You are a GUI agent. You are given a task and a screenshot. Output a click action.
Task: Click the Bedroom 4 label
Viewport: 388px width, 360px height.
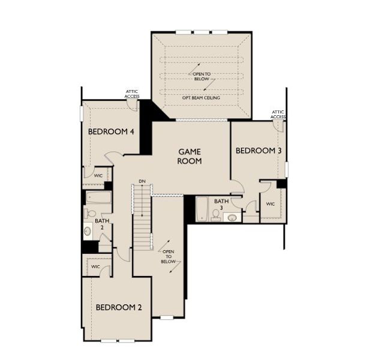pyautogui.click(x=111, y=131)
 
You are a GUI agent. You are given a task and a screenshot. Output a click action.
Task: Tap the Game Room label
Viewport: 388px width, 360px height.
pyautogui.click(x=190, y=156)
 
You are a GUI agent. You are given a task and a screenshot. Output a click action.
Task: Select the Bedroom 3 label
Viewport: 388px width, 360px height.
pyautogui.click(x=258, y=151)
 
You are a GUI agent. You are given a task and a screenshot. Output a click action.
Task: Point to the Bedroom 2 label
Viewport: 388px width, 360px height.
pyautogui.click(x=119, y=307)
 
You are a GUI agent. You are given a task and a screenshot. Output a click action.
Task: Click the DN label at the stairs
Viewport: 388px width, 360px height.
pyautogui.click(x=142, y=181)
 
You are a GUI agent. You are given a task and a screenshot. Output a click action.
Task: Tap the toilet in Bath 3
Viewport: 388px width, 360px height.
pyautogui.click(x=216, y=215)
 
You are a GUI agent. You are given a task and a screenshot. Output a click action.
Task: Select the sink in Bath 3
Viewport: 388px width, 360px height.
pyautogui.click(x=232, y=218)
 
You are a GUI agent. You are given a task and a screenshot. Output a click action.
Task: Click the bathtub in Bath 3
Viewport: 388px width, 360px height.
pyautogui.click(x=202, y=209)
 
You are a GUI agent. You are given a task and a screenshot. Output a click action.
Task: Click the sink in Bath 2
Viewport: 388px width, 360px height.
pyautogui.click(x=88, y=231)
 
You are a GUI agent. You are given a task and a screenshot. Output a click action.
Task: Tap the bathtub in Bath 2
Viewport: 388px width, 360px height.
pyautogui.click(x=98, y=197)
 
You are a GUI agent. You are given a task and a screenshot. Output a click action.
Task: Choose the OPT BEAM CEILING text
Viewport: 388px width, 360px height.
pyautogui.click(x=201, y=98)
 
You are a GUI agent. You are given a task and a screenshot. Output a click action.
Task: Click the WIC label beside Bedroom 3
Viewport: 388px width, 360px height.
pyautogui.click(x=270, y=204)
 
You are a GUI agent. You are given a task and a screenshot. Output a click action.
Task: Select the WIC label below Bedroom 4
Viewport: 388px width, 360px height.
pyautogui.click(x=98, y=176)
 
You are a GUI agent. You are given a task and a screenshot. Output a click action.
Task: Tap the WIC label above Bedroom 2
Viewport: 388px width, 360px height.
pyautogui.click(x=95, y=266)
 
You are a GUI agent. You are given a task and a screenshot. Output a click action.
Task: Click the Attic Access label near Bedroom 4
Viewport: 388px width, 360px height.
pyautogui.click(x=132, y=94)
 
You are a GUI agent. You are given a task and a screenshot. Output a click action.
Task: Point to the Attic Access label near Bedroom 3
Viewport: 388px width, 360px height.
pyautogui.click(x=278, y=115)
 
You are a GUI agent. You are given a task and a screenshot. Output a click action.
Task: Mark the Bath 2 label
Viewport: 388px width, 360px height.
pyautogui.click(x=102, y=224)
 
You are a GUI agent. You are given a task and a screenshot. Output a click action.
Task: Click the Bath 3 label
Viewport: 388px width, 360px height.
pyautogui.click(x=221, y=204)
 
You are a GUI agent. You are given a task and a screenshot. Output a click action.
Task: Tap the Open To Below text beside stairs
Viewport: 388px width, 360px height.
pyautogui.click(x=169, y=257)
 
